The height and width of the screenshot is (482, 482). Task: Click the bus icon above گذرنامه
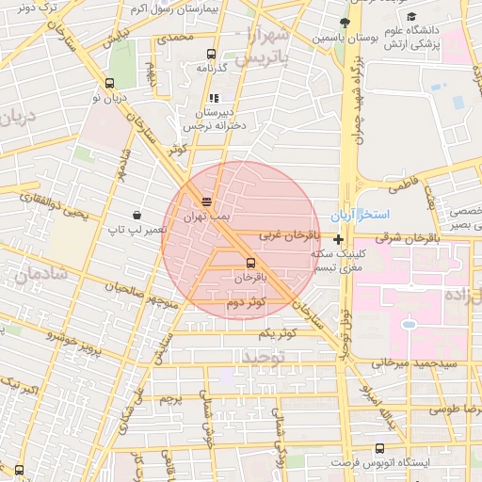click(x=210, y=55)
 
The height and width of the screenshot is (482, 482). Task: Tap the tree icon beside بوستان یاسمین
click(x=345, y=22)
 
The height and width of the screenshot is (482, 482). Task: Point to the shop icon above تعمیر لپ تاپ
click(x=137, y=215)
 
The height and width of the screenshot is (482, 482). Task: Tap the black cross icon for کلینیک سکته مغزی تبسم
click(x=339, y=240)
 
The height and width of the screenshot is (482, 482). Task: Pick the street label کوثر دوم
click(x=246, y=302)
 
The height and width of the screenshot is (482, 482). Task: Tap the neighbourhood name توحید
click(x=262, y=358)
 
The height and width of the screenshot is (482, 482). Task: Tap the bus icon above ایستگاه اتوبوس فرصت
click(x=379, y=448)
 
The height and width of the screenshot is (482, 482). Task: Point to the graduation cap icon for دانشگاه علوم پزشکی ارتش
click(x=411, y=16)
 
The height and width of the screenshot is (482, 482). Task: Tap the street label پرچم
click(x=170, y=399)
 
